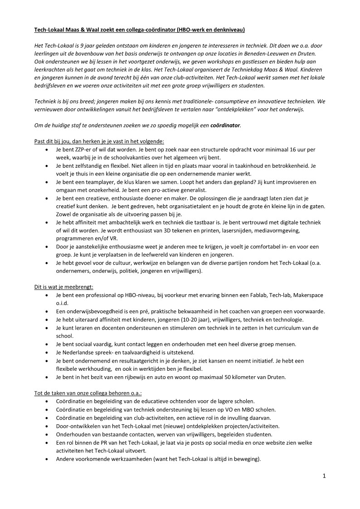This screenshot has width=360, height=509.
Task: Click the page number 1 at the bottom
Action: point(324,476)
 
